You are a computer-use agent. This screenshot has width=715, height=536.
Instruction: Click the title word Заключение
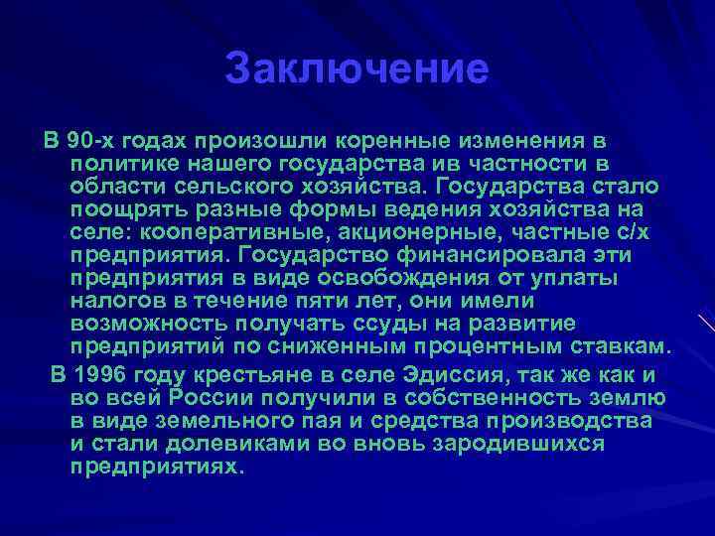click(x=357, y=68)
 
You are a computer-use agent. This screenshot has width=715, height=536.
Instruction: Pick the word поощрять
click(x=120, y=209)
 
